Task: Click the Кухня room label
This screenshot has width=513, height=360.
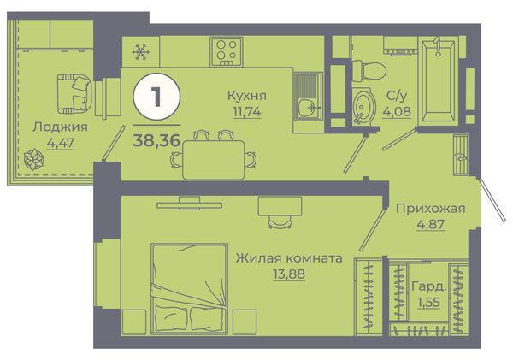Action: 247,96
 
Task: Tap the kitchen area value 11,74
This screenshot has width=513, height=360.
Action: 247,112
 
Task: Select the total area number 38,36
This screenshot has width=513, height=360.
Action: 156,140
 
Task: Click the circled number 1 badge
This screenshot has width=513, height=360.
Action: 156,97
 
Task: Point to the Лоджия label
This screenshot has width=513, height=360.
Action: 60,127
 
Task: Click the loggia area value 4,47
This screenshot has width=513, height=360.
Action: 61,143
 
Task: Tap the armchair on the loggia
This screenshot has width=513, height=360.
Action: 74,93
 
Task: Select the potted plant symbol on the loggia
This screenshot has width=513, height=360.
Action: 33,160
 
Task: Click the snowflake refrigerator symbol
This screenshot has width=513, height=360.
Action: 141,51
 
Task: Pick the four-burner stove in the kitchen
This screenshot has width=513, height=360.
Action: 227,51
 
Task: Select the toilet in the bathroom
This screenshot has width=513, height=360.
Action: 369,71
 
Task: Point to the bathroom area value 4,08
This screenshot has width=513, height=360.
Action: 397,111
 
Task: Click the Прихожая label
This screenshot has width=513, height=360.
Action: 431,209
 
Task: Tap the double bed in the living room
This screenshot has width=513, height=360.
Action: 190,289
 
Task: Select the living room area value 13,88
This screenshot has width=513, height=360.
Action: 289,274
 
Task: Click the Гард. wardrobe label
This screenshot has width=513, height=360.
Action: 429,286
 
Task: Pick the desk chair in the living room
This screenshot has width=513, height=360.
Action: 280,221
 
